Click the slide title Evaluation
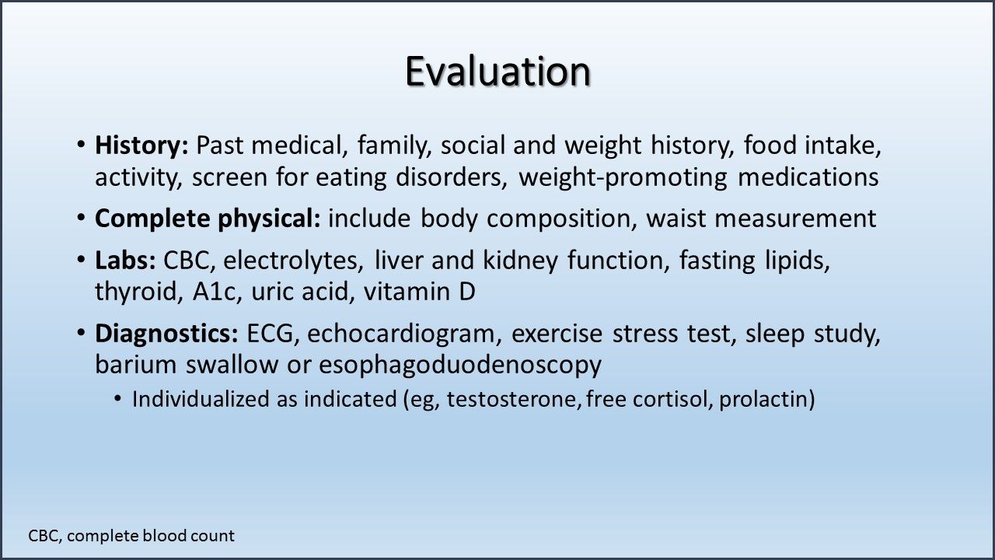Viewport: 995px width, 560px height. click(497, 72)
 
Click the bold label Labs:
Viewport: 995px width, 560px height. click(126, 261)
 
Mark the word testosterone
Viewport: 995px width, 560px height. click(514, 400)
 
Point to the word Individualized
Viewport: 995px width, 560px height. click(204, 400)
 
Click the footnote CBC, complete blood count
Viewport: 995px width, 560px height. click(131, 536)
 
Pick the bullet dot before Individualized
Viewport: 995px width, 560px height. click(117, 399)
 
